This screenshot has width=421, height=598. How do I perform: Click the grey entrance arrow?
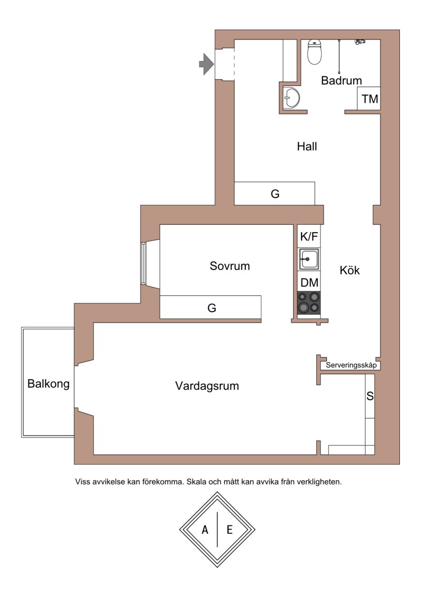point(206,64)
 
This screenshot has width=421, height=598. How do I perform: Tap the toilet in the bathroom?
point(315,52)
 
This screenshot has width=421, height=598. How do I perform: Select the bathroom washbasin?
point(292,98)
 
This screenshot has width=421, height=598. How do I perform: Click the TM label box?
point(369,99)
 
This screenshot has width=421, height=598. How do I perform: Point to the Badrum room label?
point(342,81)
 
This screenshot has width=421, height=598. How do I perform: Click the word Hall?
point(307,146)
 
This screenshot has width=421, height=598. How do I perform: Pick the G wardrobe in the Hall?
point(275,193)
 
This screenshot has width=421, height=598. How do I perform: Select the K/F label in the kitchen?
point(309,236)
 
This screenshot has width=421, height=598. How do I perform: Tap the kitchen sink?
point(309,260)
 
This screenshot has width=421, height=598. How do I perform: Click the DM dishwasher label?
point(309,283)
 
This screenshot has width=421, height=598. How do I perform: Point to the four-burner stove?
point(309,303)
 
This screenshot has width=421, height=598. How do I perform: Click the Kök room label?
point(349,271)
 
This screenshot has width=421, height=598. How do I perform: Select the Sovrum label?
point(229,266)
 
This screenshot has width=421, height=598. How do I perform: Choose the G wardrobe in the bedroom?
point(210,307)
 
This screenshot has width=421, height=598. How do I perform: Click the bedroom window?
point(143,263)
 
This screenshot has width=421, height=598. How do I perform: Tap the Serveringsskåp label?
point(351,365)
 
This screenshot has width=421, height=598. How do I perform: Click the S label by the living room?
point(370,396)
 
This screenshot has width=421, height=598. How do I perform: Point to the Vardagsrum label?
point(207,386)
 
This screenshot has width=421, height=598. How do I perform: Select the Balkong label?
point(48,384)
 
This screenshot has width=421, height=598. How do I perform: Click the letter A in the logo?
point(205,530)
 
